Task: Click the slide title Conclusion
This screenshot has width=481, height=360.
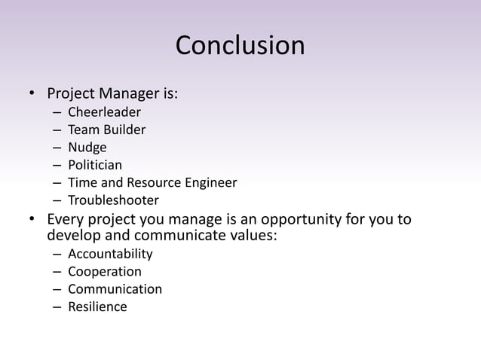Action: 240,46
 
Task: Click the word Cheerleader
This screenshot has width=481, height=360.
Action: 104,113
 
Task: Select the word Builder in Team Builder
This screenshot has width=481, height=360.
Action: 124,130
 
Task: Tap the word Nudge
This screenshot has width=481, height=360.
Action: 87,148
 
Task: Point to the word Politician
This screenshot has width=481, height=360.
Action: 95,165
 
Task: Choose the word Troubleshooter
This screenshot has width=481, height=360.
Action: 113,200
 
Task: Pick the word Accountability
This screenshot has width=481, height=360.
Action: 110,254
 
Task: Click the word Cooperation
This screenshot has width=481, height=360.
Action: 105,271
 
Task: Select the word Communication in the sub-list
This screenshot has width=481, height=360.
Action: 115,289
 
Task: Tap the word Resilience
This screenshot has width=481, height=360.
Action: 97,307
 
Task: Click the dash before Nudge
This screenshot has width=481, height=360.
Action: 57,148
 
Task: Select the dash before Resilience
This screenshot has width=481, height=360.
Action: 57,307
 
